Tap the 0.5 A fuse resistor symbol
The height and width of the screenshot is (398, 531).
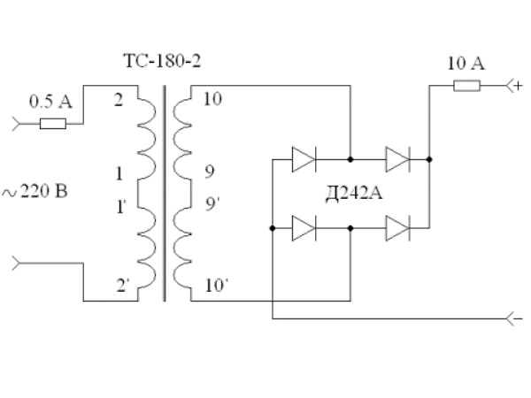tap(53, 123)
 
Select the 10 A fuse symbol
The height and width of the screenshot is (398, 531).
tap(466, 87)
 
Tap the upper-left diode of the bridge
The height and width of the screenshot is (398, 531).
tap(304, 160)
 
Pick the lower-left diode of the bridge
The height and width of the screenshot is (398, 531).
tap(304, 227)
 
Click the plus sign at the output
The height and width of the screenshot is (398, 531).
tap(518, 86)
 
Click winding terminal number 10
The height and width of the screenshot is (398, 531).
tap(212, 99)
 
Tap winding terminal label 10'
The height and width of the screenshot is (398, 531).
tap(214, 286)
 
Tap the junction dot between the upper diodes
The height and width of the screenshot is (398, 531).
tap(351, 160)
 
